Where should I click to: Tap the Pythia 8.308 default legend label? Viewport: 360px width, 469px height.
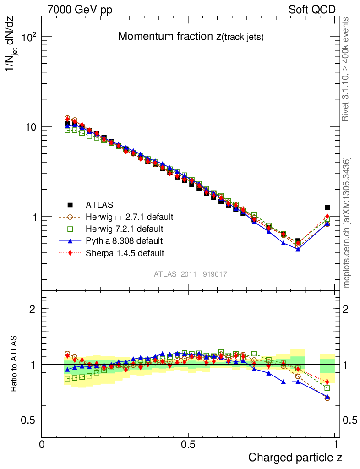[x=124, y=240]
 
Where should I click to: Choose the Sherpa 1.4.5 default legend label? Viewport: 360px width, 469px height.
[x=125, y=252]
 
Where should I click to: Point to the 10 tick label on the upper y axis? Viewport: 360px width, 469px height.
[x=29, y=127]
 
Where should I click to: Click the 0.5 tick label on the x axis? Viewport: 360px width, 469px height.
[x=188, y=445]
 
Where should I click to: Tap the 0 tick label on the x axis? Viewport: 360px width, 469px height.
[x=42, y=445]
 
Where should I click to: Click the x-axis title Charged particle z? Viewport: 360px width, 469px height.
[x=295, y=458]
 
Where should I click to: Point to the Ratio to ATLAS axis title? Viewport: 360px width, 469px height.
[x=14, y=364]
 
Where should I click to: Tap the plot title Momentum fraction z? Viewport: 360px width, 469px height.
[x=191, y=37]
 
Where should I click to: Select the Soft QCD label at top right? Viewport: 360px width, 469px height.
[x=312, y=10]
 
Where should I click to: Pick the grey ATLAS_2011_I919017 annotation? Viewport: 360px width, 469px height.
[x=191, y=274]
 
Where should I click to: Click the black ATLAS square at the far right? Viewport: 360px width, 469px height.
[x=327, y=207]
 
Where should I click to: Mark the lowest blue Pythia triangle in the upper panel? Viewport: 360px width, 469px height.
[x=298, y=249]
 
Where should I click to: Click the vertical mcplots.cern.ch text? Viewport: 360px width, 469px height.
[x=347, y=222]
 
